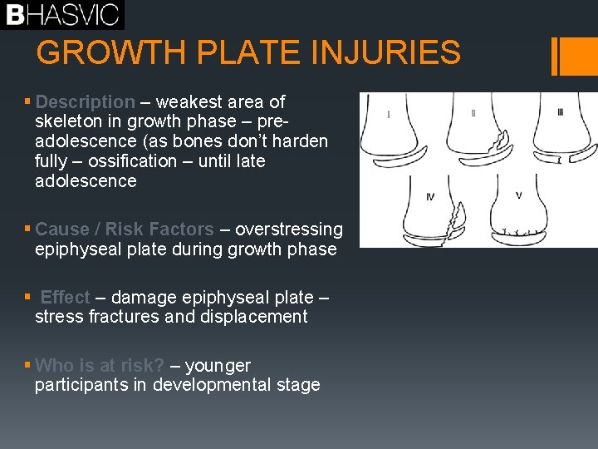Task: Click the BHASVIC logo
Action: pos(62,14)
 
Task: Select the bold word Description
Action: pos(85,102)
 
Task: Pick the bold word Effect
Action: pos(65,297)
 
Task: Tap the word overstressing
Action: pos(288,229)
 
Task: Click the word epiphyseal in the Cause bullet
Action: pos(76,249)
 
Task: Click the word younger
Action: pos(218,366)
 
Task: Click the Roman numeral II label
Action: pos(473,113)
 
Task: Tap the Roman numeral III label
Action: pos(560,112)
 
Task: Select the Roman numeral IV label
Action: pos(429,197)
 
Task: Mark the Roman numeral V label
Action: pos(518,195)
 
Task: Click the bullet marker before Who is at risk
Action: pos(28,366)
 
